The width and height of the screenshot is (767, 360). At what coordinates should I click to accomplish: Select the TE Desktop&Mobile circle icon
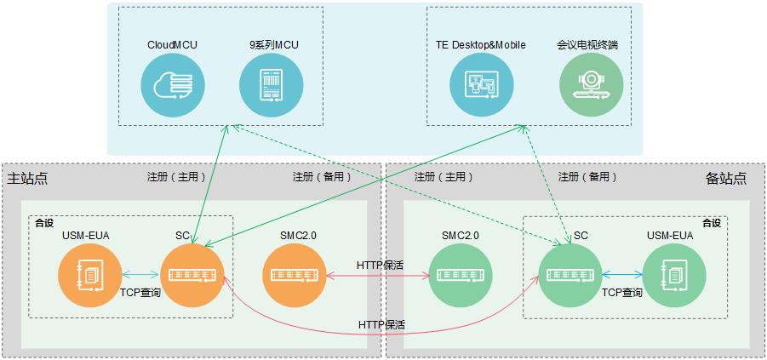click(x=483, y=86)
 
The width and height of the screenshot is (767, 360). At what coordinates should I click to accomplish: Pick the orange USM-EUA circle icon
click(x=89, y=275)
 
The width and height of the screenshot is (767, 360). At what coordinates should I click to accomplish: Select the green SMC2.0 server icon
click(x=461, y=275)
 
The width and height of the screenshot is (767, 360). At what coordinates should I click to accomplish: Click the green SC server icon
click(x=570, y=275)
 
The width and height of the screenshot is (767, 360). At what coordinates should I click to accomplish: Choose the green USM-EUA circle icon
click(x=673, y=275)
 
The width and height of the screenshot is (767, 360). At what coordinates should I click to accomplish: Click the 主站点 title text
click(x=27, y=179)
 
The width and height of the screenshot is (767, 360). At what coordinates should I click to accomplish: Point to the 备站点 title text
click(x=725, y=179)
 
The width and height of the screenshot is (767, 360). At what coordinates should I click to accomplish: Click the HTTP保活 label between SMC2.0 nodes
click(x=381, y=265)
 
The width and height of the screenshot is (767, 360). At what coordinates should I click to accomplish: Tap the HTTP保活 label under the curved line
click(x=381, y=325)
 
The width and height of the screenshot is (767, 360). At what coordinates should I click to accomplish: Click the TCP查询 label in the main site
click(x=140, y=292)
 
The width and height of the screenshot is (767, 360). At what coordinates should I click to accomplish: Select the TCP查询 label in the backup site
click(x=622, y=292)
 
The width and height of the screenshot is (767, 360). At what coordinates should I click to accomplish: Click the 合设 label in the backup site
click(x=711, y=223)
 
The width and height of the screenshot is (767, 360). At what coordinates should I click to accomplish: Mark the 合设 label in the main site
click(x=43, y=223)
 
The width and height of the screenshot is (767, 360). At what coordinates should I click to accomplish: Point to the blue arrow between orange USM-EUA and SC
click(x=140, y=275)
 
